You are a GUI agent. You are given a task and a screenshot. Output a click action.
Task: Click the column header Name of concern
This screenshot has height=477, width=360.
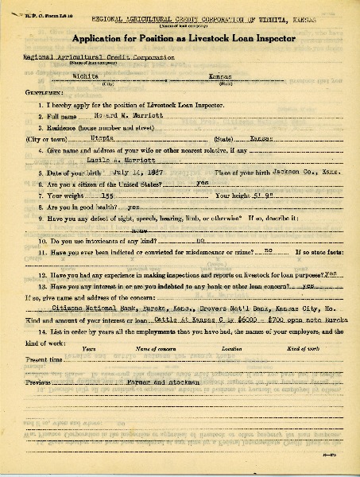(154, 347)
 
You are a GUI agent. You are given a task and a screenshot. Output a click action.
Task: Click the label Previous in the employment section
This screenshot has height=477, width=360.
(38, 382)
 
